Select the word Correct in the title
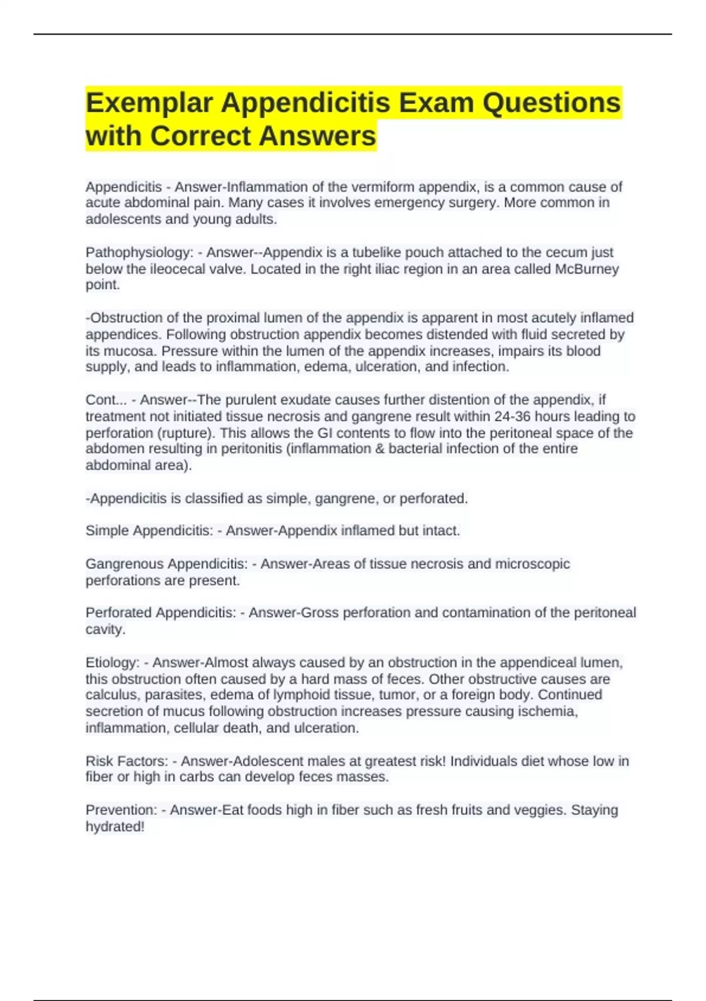coord(201,137)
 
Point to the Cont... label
coord(106,400)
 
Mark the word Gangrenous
coord(124,564)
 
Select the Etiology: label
coord(112,663)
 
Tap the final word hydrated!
coord(115,827)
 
